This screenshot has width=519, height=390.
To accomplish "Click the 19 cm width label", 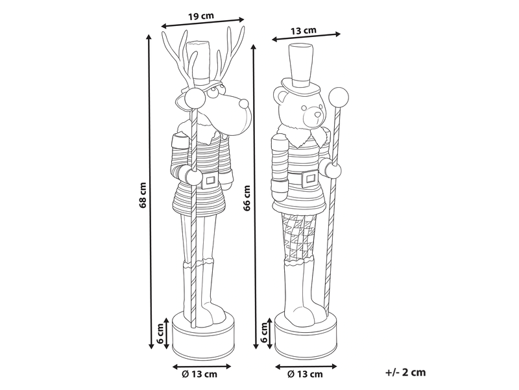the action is click(x=201, y=16).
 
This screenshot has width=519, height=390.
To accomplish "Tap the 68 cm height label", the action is click(x=143, y=195).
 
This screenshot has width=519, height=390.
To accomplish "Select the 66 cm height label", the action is click(x=247, y=198).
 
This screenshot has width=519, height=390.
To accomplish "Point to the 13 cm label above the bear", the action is click(x=304, y=31).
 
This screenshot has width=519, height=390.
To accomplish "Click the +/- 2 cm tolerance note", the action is click(x=405, y=372).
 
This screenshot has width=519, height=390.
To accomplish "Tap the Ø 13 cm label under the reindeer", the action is click(x=200, y=374).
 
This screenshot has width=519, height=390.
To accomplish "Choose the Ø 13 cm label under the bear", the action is click(x=305, y=374).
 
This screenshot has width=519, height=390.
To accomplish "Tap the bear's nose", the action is click(x=317, y=115).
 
